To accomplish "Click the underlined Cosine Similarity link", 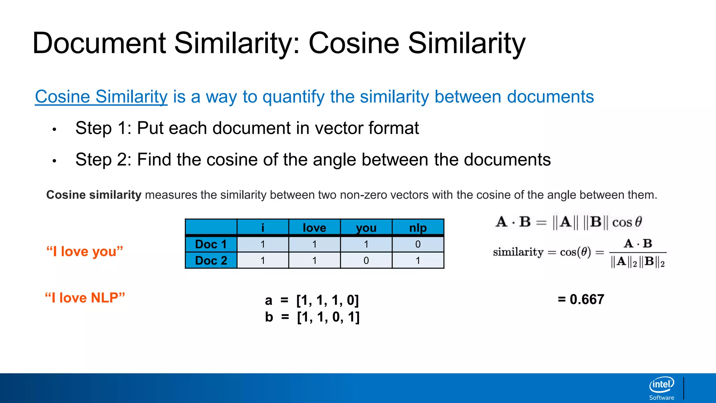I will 101,97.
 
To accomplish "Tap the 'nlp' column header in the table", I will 418,228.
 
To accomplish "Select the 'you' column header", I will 366,228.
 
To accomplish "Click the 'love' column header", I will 314,228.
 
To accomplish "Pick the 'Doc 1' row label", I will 211,244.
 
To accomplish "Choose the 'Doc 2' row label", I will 211,261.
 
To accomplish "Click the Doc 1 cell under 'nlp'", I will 418,244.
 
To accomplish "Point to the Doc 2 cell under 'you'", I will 366,261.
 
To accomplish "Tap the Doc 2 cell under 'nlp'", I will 418,261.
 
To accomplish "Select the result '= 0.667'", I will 581,299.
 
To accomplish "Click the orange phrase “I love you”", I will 85,252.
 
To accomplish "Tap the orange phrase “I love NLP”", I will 85,298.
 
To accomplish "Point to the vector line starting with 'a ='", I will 312,300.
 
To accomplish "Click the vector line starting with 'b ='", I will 312,317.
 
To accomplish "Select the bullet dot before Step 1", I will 54,130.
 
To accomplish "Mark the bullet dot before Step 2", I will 54,161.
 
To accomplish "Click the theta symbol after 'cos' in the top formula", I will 638,222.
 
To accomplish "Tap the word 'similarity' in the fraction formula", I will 518,252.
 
